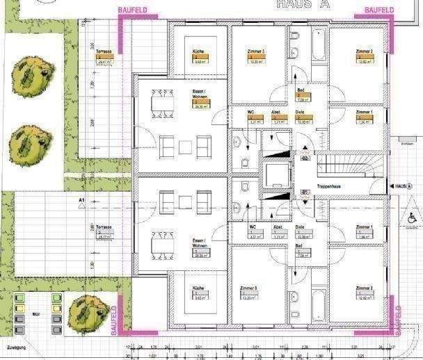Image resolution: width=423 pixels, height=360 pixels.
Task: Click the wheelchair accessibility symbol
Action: coord(412,218)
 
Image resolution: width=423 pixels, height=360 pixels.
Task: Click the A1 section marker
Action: coord(82,202)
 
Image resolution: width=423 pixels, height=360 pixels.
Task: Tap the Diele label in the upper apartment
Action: coord(300,111)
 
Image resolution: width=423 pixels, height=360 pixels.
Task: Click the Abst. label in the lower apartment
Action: coord(276,227)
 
